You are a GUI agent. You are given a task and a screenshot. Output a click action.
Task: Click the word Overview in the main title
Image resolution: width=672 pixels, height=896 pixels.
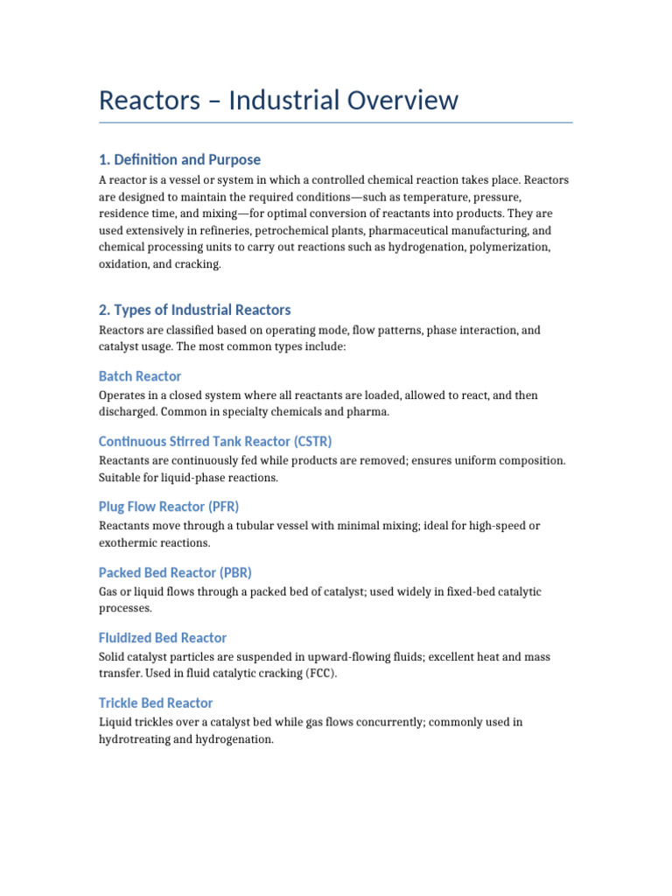[387, 100]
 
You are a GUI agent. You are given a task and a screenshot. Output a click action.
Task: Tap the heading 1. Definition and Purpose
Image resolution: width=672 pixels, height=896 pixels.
[179, 159]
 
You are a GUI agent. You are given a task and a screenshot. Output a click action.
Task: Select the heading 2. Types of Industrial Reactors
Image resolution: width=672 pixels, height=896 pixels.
[194, 310]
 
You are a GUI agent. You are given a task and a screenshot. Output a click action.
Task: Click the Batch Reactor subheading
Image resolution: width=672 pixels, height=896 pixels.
[140, 376]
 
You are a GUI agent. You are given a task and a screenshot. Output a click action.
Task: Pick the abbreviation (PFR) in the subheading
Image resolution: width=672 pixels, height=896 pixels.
[222, 507]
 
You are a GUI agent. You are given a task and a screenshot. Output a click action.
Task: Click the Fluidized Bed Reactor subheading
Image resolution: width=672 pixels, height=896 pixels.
[163, 638]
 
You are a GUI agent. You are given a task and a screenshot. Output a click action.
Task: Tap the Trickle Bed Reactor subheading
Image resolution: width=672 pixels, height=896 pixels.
[156, 703]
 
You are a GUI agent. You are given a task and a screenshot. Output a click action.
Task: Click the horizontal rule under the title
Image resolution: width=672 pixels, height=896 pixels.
[335, 122]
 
